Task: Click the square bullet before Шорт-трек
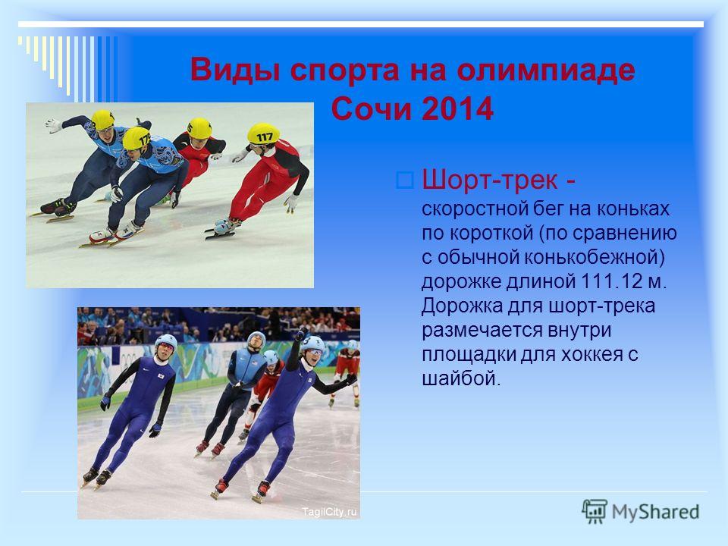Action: tap(405, 180)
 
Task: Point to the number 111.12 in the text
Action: tap(610, 281)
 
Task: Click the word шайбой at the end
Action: tap(462, 379)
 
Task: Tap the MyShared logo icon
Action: tap(595, 512)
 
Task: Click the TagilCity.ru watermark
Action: tap(329, 512)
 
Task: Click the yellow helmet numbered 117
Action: tap(263, 133)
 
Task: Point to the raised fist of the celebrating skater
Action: tap(301, 333)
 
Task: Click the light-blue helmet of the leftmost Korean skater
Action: tap(166, 343)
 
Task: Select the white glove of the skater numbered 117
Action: tap(291, 202)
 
